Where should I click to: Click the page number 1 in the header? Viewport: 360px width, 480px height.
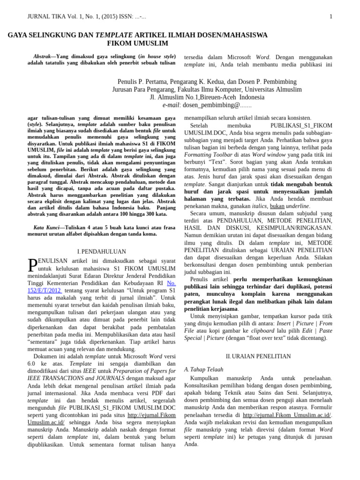[331, 17]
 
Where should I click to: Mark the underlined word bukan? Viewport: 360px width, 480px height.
[277, 206]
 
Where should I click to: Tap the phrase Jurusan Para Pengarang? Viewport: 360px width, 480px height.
[147, 89]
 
